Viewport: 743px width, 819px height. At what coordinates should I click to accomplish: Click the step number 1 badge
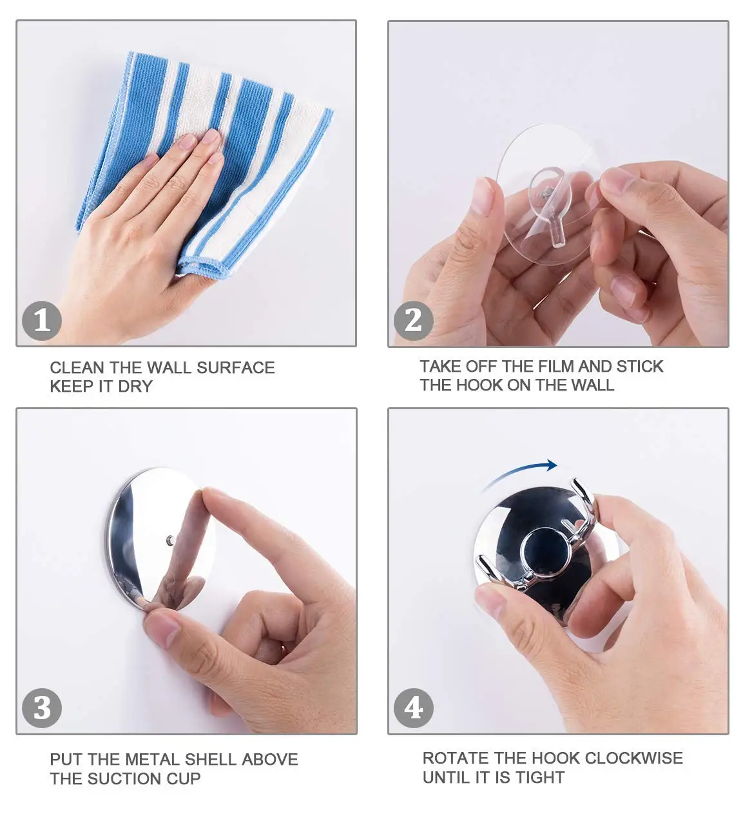tap(42, 321)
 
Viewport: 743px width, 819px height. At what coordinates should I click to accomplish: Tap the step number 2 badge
tap(413, 321)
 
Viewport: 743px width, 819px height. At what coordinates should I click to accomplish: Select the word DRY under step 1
tap(135, 386)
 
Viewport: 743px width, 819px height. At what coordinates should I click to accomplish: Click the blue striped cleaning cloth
tap(204, 163)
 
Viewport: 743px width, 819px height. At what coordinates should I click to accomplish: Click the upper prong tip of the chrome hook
tap(577, 483)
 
